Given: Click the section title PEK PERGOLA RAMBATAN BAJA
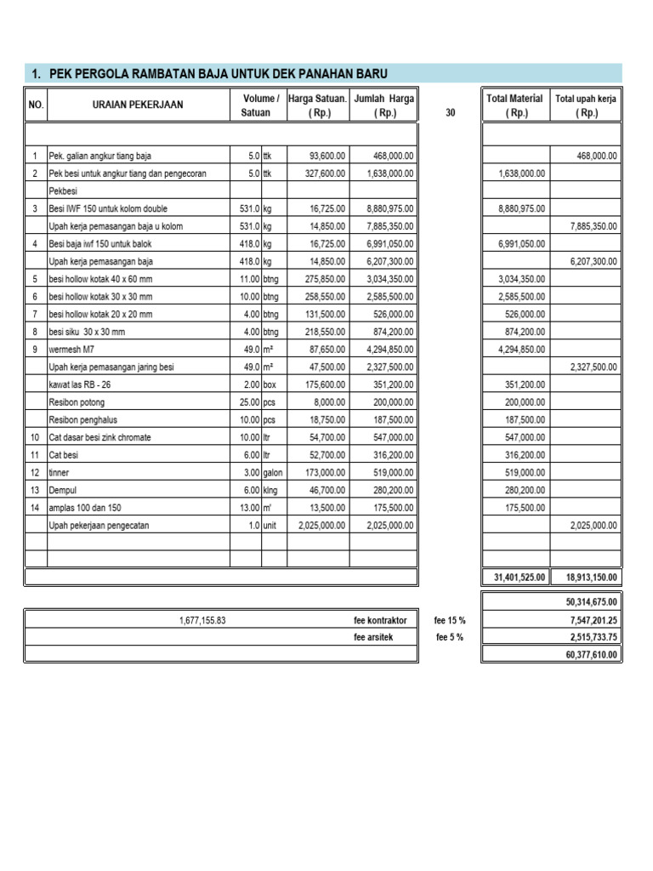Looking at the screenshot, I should pos(209,74).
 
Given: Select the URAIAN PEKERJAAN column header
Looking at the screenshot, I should pos(137,105).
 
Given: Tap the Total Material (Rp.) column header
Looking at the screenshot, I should pos(516,105).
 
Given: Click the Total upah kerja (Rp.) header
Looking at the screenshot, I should pos(587,105).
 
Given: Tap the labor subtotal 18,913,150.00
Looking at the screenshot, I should pos(588,577).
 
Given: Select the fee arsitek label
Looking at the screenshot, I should pos(375,638).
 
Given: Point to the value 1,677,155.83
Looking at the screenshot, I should pos(202,621).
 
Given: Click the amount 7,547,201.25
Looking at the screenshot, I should pos(588,621).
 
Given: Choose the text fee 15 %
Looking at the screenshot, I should pos(450,621).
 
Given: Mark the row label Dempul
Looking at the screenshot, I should pos(62,490).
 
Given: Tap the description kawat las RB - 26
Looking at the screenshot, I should pos(80,384).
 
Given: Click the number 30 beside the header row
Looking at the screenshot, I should pos(450,112).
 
